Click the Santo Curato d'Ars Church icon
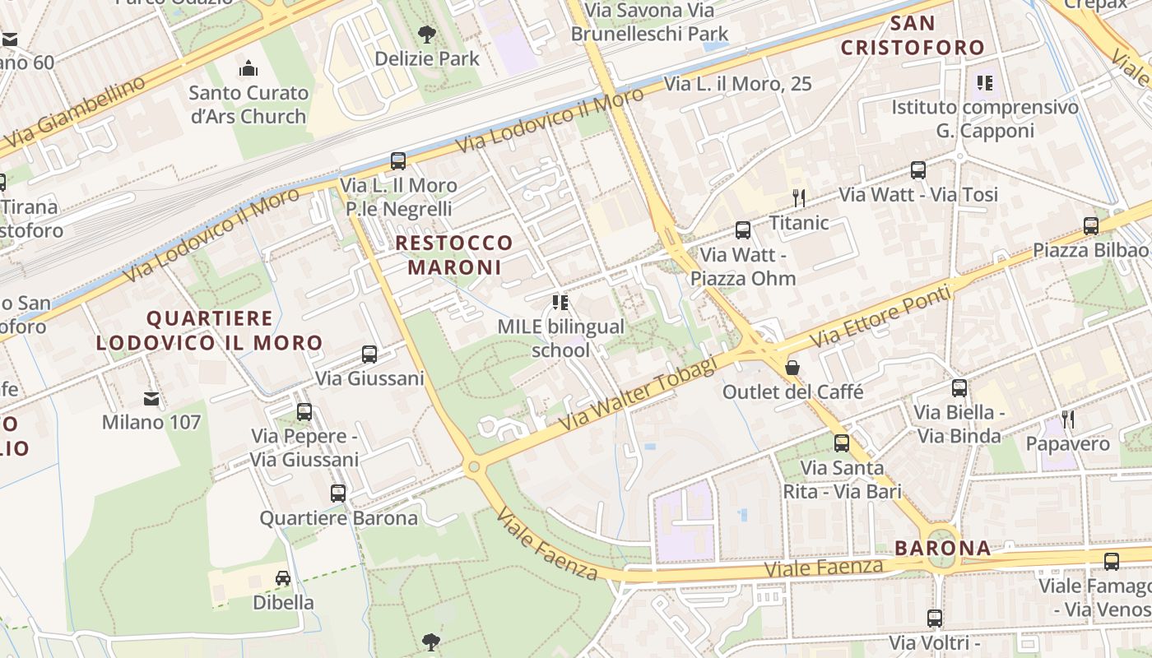click(x=248, y=68)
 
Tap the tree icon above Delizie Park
click(x=426, y=35)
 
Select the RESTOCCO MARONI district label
click(x=454, y=255)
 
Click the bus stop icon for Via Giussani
click(x=369, y=354)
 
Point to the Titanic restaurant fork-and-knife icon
click(x=798, y=197)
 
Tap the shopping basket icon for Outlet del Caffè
click(x=792, y=367)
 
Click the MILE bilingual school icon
click(x=560, y=303)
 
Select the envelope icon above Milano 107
click(x=151, y=399)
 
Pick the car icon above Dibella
click(x=283, y=578)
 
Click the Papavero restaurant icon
click(x=1067, y=419)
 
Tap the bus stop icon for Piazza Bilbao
click(x=1091, y=225)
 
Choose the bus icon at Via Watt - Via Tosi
click(x=918, y=170)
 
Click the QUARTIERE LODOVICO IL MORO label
click(x=209, y=331)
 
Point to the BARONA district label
click(x=942, y=548)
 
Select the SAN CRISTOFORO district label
click(x=913, y=35)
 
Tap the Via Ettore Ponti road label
click(x=880, y=316)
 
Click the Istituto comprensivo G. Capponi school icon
click(x=985, y=83)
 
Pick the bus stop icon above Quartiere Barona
click(x=338, y=493)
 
